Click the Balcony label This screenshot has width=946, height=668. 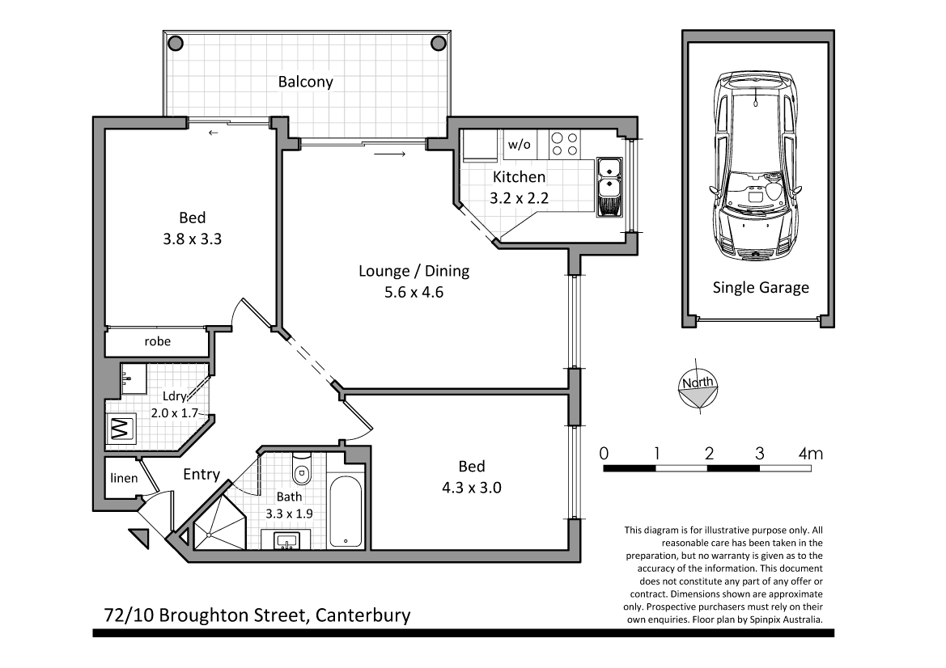click(305, 82)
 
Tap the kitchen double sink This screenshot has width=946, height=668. click(608, 188)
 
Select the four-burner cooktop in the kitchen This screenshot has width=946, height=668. click(563, 144)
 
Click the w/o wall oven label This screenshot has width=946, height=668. click(519, 145)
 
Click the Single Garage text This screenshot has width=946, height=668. click(760, 287)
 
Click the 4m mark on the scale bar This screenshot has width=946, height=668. click(809, 454)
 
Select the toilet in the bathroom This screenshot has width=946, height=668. click(301, 468)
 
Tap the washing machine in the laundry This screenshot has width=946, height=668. click(120, 428)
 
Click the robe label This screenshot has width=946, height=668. click(157, 341)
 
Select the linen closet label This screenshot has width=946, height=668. click(124, 478)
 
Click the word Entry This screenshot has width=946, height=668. click(201, 474)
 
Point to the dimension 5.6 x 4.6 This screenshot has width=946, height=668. click(414, 292)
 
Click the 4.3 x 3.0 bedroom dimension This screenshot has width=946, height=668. click(471, 488)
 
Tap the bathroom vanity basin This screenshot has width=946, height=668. click(286, 540)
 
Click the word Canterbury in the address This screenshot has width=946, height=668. click(363, 615)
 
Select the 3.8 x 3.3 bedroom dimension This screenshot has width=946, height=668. click(192, 239)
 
